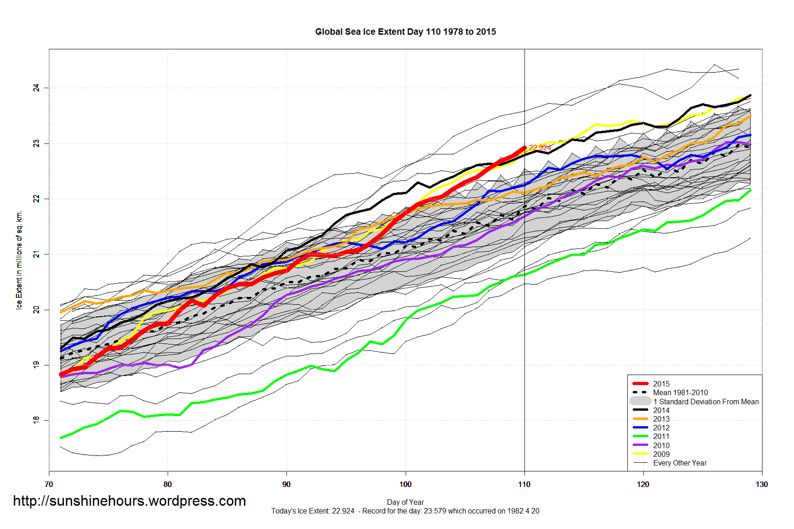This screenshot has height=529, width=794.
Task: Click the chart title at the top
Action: click(405, 32)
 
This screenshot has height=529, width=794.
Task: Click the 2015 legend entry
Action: click(661, 384)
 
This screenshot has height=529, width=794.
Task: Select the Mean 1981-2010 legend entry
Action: click(680, 392)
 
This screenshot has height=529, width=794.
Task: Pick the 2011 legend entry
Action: click(661, 436)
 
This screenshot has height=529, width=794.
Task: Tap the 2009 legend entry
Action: click(661, 454)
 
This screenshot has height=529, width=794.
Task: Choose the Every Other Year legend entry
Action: click(680, 463)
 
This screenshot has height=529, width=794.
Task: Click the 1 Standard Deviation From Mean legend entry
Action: click(705, 402)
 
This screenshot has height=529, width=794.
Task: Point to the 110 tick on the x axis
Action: click(524, 484)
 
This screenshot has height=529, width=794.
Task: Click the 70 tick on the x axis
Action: click(49, 484)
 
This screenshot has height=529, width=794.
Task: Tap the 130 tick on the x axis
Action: click(762, 484)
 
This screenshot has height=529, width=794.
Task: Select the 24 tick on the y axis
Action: click(37, 88)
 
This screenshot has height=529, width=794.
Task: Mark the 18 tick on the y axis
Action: click(37, 420)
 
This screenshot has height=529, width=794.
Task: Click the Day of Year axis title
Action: click(405, 502)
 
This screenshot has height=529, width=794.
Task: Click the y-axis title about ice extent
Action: click(19, 260)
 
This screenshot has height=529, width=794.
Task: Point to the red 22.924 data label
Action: click(540, 147)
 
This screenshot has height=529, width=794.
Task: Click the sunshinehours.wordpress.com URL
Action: click(129, 501)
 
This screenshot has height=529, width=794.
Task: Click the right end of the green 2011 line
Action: click(750, 190)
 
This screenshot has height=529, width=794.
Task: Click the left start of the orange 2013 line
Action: click(61, 312)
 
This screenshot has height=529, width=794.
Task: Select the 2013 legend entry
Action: click(661, 419)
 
